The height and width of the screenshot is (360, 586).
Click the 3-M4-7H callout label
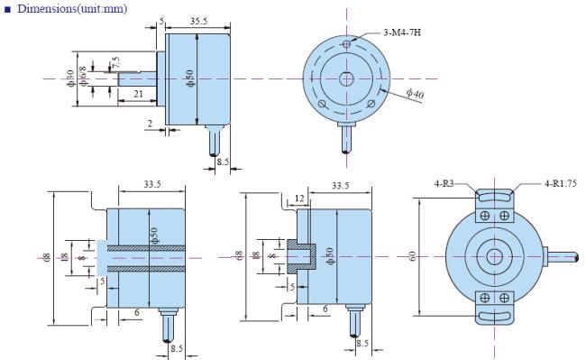(402, 32)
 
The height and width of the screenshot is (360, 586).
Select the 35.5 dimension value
(198, 21)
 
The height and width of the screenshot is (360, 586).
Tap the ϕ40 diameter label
(416, 94)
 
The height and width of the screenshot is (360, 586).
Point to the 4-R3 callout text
(444, 183)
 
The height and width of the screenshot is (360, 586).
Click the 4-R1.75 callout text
(561, 183)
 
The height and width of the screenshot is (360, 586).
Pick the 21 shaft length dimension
(138, 94)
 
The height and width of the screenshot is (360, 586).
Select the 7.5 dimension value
(115, 62)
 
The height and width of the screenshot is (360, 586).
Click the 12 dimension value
(299, 198)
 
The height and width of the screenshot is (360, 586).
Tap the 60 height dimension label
(412, 256)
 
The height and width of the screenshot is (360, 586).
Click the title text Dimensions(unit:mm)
(72, 9)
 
